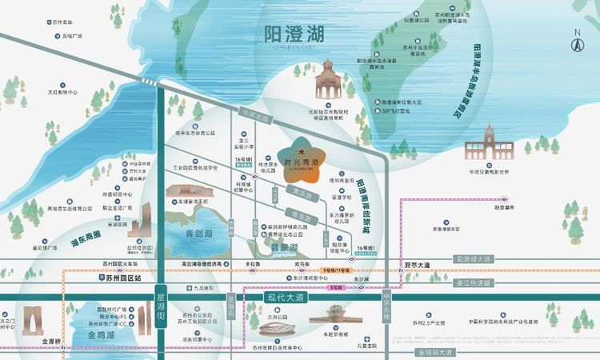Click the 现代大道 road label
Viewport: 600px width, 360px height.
coord(286,298)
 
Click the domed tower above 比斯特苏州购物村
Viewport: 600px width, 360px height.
coord(327,81)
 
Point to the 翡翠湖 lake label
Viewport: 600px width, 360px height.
coord(282,248)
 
